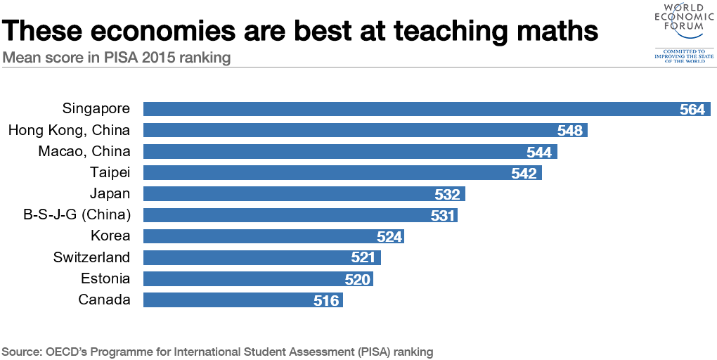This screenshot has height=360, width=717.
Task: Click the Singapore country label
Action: [96, 109]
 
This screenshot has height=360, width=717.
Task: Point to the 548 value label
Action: [570, 131]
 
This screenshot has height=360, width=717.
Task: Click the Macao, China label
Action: [84, 151]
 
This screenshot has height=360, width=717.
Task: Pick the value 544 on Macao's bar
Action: [540, 152]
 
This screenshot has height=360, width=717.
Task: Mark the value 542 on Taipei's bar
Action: [524, 174]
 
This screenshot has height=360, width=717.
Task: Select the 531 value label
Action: [444, 216]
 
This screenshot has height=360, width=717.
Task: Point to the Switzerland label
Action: [92, 257]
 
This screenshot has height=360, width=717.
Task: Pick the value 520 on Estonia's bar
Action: [357, 280]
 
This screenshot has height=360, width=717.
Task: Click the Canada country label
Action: [104, 300]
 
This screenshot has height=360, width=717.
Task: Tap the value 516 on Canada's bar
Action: [327, 301]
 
